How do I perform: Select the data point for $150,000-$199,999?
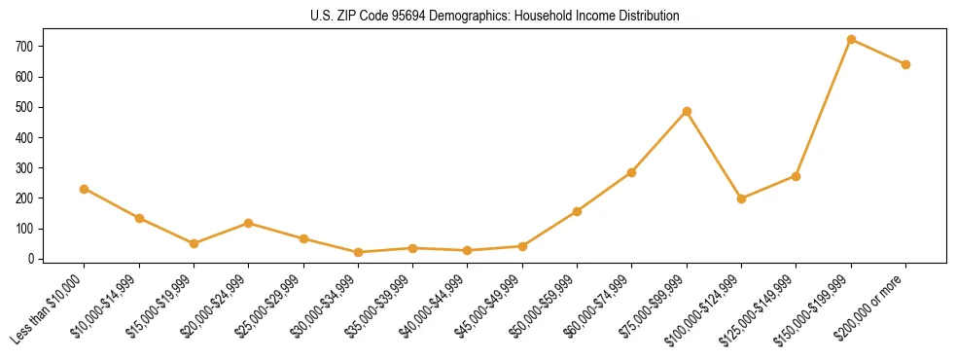[x=851, y=40]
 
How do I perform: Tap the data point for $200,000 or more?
[x=905, y=64]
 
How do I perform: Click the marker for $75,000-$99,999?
[x=687, y=111]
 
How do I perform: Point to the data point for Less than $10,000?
[x=85, y=189]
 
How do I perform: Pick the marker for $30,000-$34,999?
[x=358, y=252]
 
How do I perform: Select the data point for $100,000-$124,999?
[x=741, y=198]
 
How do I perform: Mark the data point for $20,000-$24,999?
[x=248, y=223]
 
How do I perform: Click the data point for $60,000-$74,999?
[x=632, y=172]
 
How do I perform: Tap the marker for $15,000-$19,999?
[x=194, y=243]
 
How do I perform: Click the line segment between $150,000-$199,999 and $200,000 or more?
[x=878, y=53]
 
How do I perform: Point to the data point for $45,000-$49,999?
[x=522, y=246]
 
